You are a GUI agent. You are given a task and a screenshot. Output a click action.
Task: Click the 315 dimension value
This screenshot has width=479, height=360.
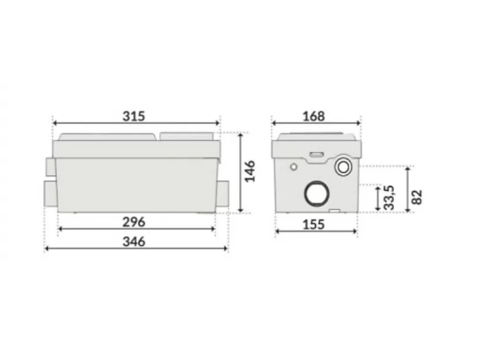tap(134, 116)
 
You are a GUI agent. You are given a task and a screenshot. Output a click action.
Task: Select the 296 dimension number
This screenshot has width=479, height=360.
tap(134, 222)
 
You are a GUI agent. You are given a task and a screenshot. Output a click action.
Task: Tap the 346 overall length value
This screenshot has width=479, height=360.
tap(134, 242)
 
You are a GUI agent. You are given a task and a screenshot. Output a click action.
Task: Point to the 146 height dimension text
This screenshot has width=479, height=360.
tap(249, 171)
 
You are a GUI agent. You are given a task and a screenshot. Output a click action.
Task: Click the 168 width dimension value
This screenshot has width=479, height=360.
tap(314, 116)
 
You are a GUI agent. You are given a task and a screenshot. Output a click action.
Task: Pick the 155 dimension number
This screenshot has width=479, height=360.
tap(314, 224)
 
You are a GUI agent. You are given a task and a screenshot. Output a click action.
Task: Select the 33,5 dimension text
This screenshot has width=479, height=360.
tap(390, 197)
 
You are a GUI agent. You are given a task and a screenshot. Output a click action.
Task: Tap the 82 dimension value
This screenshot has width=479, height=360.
tap(417, 197)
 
